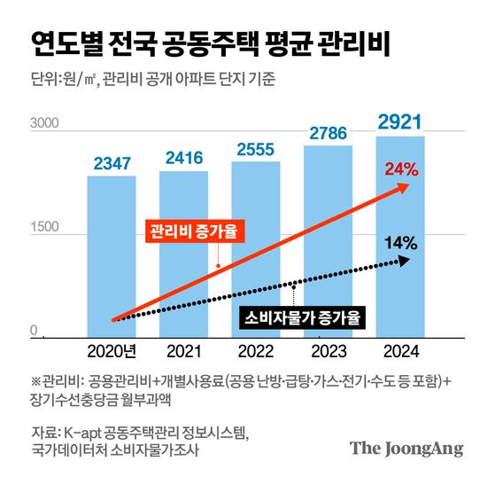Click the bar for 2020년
coord(111,257)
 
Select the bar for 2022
coord(256,248)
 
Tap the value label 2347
coord(112,163)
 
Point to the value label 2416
coord(183,158)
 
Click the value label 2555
coord(256,149)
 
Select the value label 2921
coord(400,121)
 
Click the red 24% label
coord(400,168)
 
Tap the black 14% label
coord(400,241)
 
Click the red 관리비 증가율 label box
coord(195,232)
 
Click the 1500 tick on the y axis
coord(44,227)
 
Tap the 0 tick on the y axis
coord(35,332)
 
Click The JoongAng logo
coord(406,449)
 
